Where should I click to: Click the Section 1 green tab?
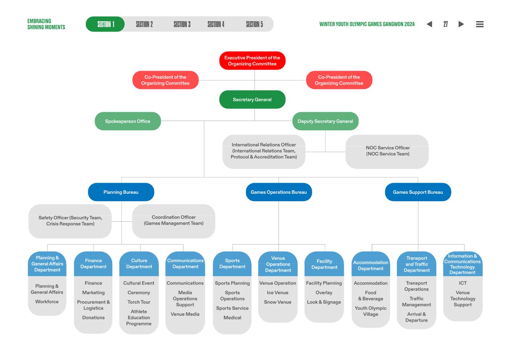105,24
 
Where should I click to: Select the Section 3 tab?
182,24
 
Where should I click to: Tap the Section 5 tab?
254,24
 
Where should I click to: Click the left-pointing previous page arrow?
429,24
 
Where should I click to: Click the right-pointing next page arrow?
461,24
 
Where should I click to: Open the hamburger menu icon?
480,24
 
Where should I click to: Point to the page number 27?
445,24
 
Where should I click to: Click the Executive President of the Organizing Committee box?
252,61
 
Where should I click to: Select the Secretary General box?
252,100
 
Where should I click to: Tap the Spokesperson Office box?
128,121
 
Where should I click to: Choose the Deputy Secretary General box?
325,121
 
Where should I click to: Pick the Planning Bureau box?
121,192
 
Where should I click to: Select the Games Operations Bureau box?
279,192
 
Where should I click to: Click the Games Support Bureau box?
418,192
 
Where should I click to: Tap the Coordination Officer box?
174,221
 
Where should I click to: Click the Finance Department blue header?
93,264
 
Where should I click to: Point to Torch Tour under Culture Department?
139,302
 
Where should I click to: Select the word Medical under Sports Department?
232,317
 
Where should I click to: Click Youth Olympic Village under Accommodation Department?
370,311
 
